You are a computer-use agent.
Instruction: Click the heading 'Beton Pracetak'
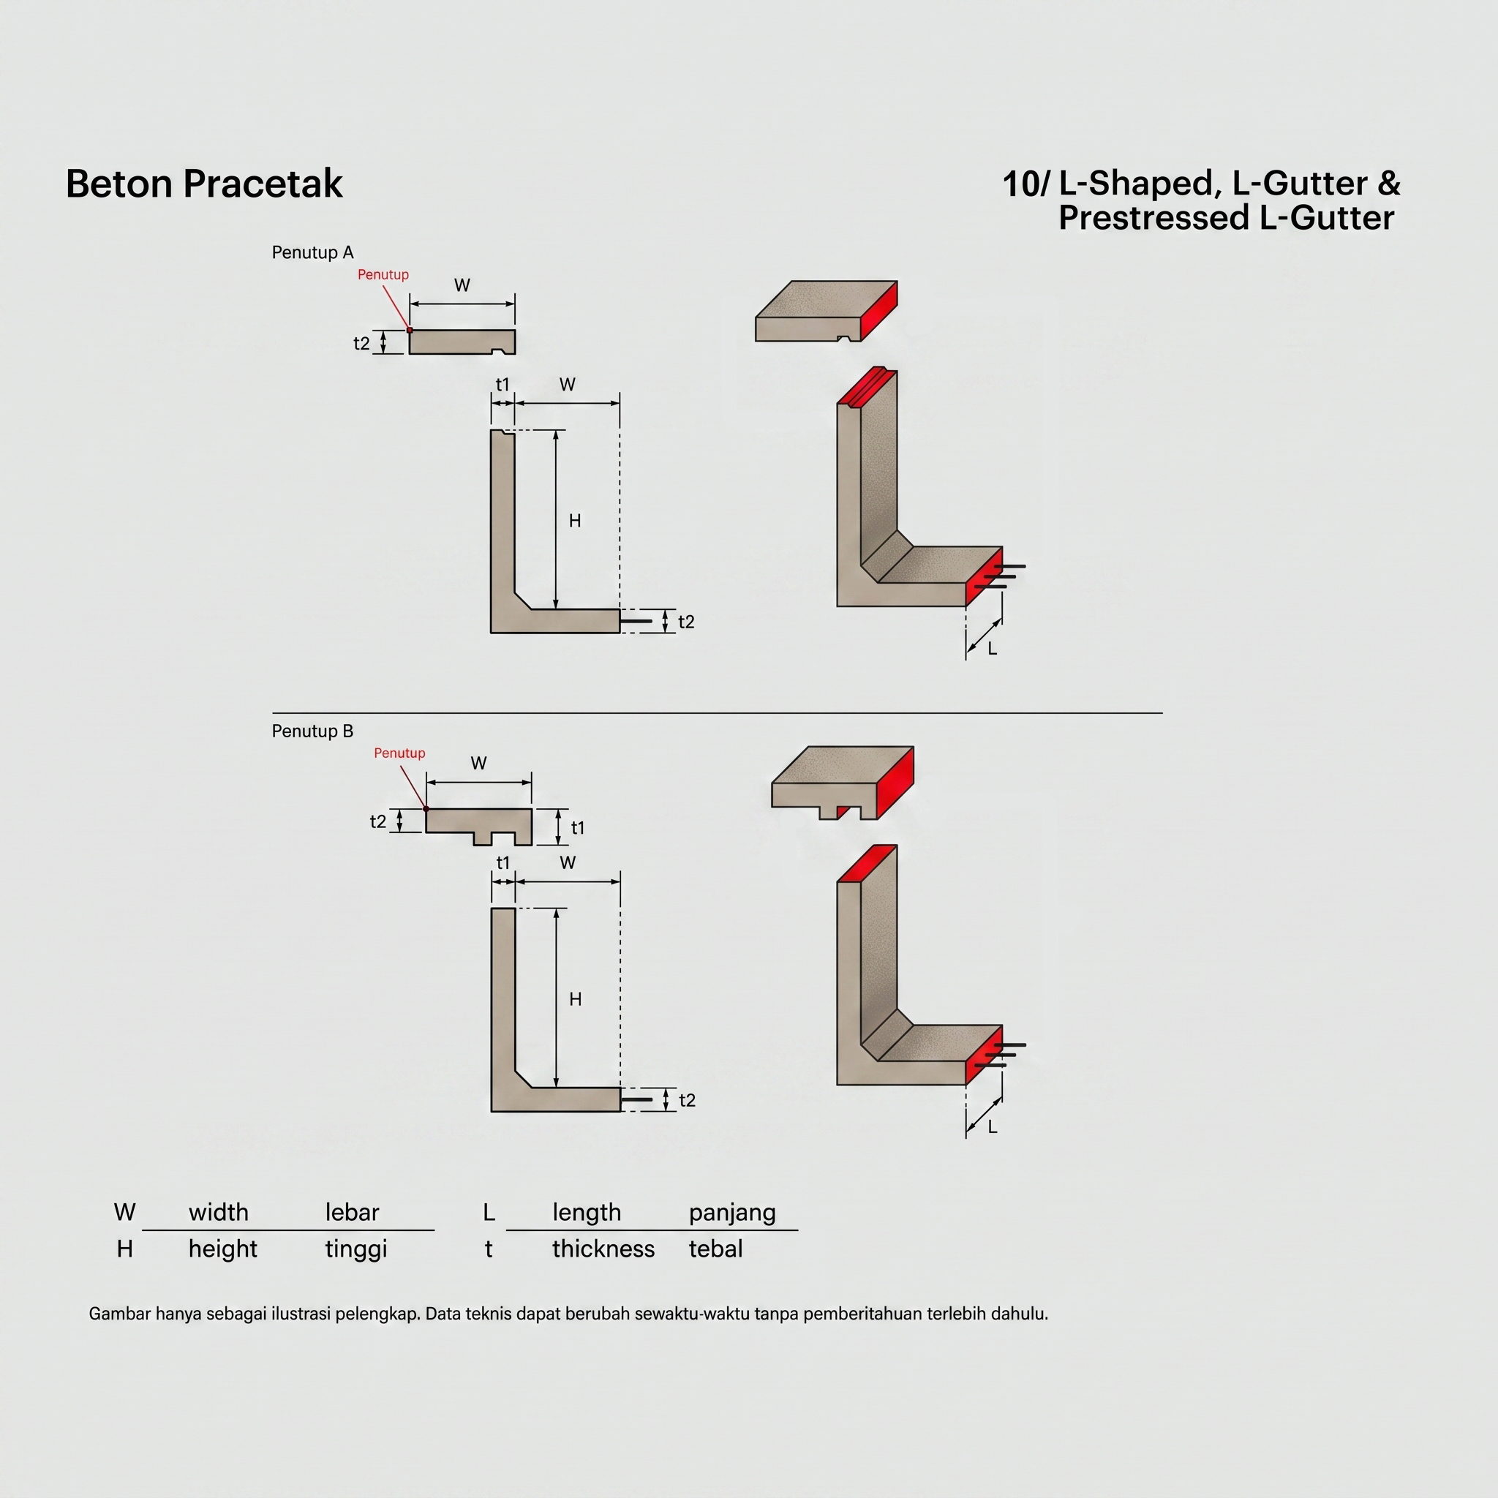(204, 184)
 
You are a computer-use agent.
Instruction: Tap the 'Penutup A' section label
(312, 252)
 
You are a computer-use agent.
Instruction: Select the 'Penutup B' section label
(312, 731)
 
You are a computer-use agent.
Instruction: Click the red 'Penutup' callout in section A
(383, 274)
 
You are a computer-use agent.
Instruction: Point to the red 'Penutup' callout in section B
(399, 753)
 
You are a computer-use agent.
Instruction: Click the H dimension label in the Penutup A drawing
(574, 521)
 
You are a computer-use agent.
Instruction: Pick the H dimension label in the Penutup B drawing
(576, 999)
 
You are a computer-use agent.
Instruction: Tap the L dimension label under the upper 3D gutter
(993, 648)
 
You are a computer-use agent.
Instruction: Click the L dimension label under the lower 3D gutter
(993, 1126)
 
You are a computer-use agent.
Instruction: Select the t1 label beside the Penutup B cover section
(578, 828)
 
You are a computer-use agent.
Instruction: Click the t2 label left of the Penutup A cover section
(361, 344)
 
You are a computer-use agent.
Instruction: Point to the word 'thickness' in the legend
(603, 1249)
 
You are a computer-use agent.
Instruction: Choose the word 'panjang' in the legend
(732, 1213)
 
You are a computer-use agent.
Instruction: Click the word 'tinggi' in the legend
(356, 1250)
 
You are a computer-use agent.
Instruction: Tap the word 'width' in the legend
(219, 1213)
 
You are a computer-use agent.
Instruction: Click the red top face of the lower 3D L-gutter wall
(867, 864)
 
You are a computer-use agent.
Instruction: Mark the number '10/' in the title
(1025, 184)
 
